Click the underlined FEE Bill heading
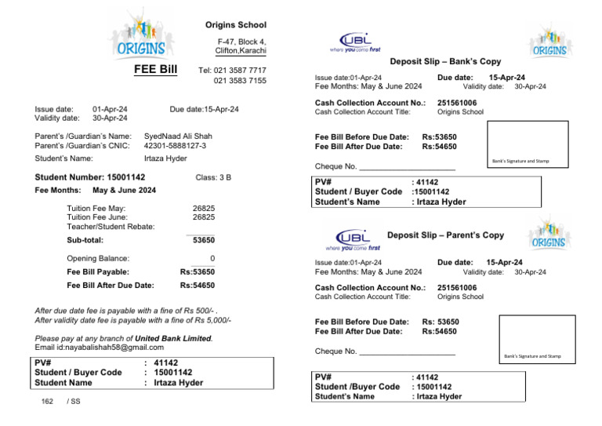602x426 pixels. pos(156,70)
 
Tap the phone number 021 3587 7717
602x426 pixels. pos(240,70)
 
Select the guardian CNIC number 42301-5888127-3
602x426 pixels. pos(176,146)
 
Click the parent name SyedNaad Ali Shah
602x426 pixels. pos(178,136)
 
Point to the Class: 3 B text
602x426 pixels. pos(213,178)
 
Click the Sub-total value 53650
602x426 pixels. pos(204,240)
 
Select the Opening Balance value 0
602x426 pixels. pos(212,258)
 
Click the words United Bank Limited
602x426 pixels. pos(173,338)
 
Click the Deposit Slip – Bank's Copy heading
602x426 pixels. pos(445,61)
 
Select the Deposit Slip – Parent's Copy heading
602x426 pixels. pos(445,235)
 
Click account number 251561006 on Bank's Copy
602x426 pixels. pos(457,103)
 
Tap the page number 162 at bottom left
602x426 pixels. pos(47,401)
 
